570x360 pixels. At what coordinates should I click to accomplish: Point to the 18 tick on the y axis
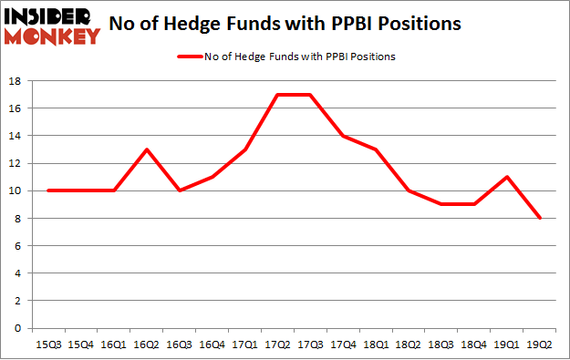[17, 81]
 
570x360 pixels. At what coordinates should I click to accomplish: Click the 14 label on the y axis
[17, 136]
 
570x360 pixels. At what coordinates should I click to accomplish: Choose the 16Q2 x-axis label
[147, 344]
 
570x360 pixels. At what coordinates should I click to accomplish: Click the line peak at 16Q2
[147, 149]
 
